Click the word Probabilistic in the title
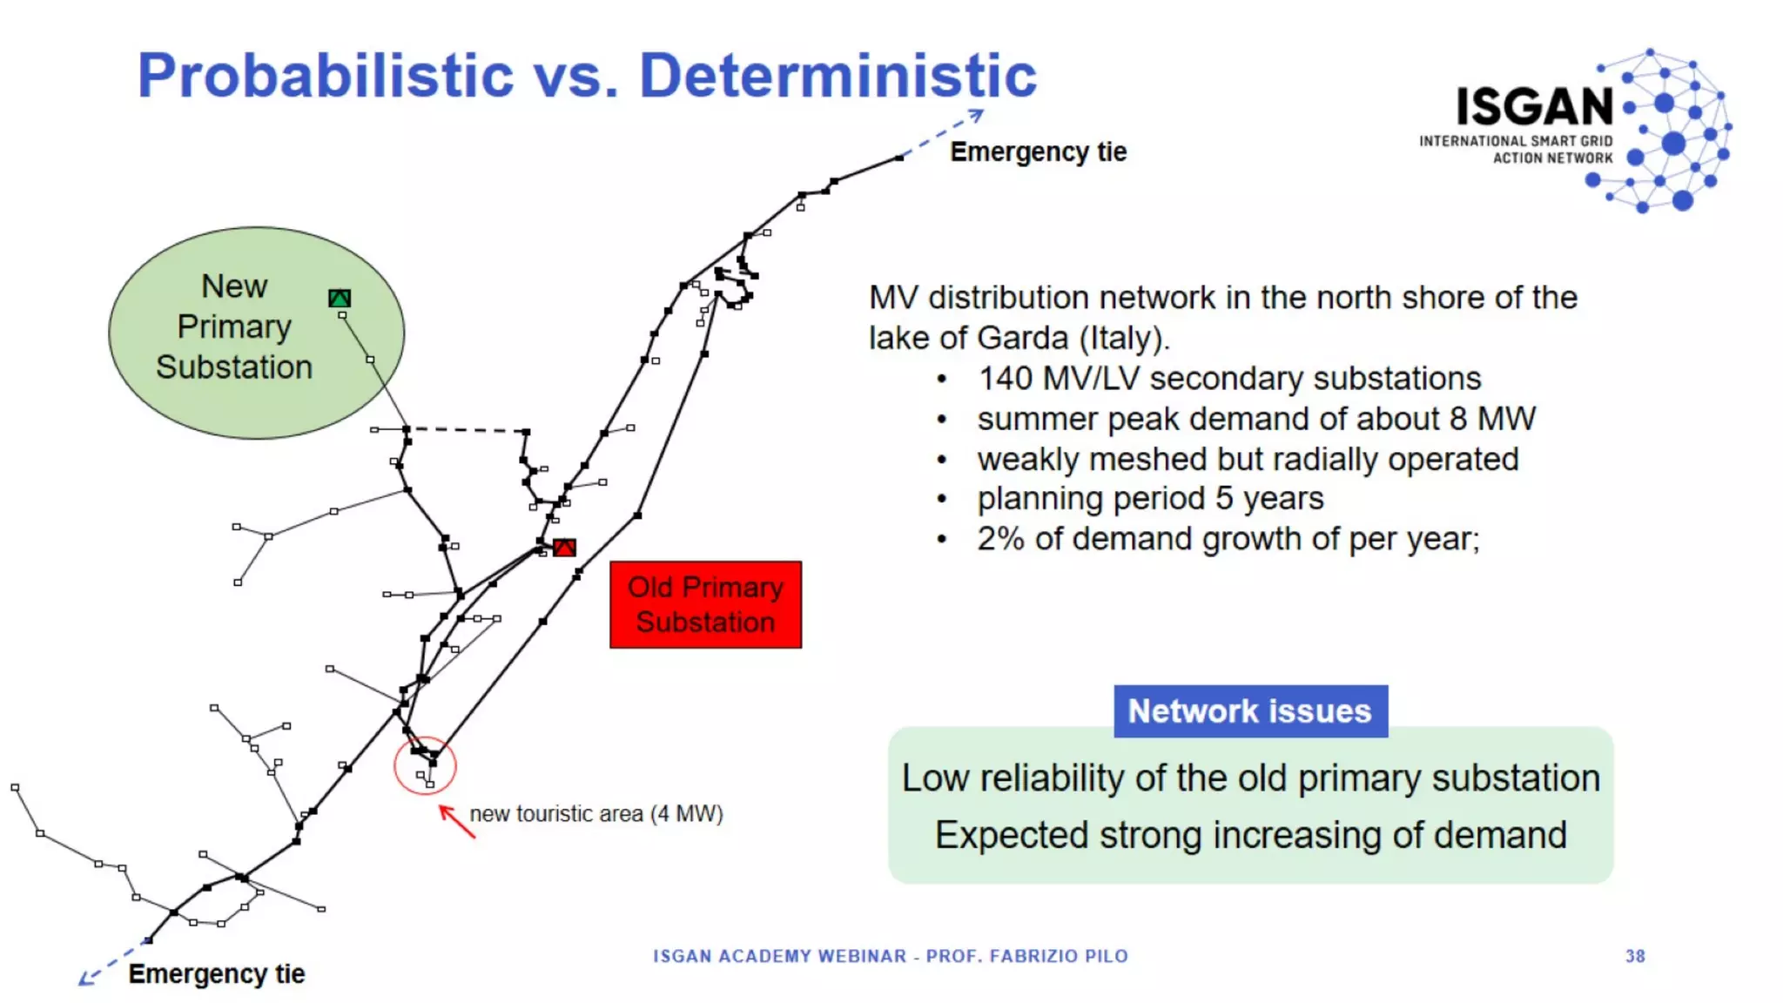point(326,76)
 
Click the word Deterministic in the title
point(838,76)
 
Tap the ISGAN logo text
point(1535,107)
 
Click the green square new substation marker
point(340,299)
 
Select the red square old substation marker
point(564,548)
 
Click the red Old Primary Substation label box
point(705,604)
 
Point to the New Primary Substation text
point(233,327)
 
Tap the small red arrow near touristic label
point(457,821)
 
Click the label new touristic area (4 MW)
point(596,814)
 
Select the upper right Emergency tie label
point(1038,152)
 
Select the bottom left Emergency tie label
point(216,973)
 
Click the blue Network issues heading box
point(1250,711)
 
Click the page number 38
point(1635,956)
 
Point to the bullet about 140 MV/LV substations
point(1228,379)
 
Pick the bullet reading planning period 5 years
point(1149,499)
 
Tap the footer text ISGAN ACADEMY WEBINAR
point(779,956)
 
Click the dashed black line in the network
point(467,430)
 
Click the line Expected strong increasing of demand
point(1250,835)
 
